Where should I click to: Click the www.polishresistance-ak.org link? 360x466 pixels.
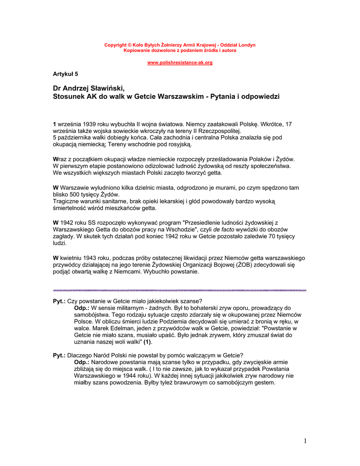coord(180,62)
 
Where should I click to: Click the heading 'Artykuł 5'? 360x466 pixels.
coord(66,73)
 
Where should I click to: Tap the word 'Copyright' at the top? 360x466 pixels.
coord(116,45)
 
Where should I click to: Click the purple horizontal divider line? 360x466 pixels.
coord(180,290)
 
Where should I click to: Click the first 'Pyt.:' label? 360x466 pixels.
coord(59,301)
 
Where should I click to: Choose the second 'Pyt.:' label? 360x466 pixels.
coord(59,355)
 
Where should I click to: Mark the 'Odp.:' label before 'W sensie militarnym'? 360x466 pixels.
coord(82,308)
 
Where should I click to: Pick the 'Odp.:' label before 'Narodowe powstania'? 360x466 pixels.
coord(82,362)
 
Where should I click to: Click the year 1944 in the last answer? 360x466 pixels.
coord(125,376)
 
